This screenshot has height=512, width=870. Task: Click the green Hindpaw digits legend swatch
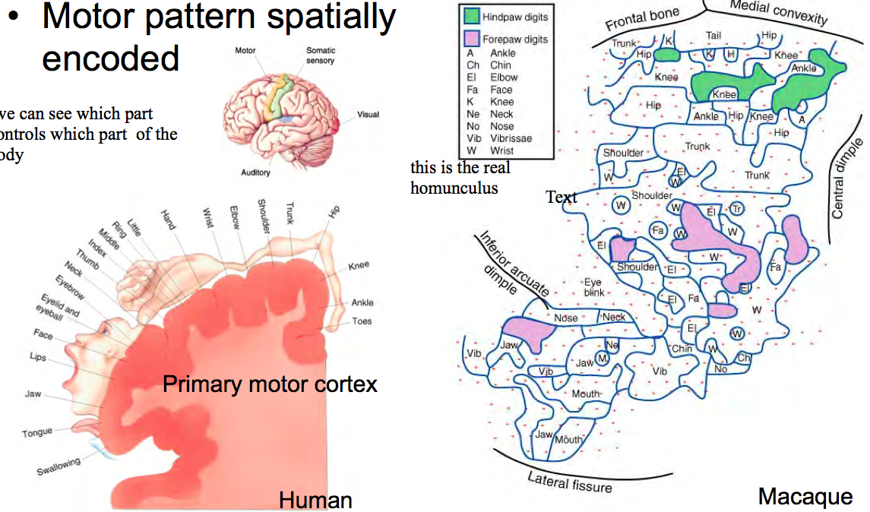(473, 17)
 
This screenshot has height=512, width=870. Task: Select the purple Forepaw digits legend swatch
(473, 38)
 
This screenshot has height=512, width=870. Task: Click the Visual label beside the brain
(369, 115)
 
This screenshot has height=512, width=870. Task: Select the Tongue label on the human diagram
(37, 432)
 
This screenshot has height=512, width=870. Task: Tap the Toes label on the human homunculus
(362, 321)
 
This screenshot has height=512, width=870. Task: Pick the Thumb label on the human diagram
(88, 254)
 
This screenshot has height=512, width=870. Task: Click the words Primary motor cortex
(270, 384)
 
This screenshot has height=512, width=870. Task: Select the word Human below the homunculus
(315, 500)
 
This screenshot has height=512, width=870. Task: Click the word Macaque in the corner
(805, 497)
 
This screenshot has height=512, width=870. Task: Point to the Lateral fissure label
(570, 481)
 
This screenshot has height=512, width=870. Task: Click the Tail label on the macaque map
(713, 35)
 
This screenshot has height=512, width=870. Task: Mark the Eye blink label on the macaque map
(593, 286)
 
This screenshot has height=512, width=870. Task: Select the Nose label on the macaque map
(565, 318)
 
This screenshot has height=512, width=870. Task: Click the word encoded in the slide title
(111, 58)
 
